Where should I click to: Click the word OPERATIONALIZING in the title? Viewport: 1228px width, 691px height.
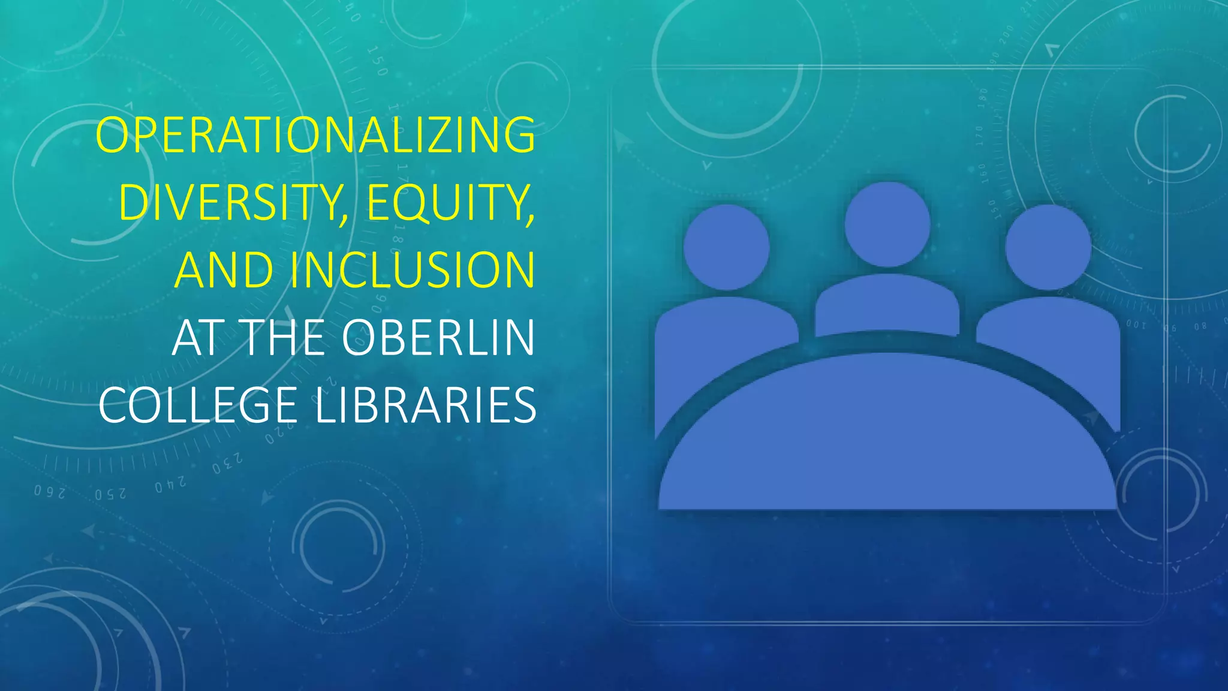pos(315,136)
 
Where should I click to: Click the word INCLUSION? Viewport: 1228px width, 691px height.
pos(413,270)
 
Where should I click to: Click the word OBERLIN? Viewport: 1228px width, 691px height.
pos(438,338)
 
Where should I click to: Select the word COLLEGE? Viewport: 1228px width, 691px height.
pos(198,405)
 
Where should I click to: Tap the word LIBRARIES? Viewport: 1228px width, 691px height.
pos(425,405)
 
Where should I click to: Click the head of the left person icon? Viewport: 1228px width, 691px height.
pos(726,247)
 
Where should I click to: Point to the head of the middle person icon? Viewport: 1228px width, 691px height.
pos(887,224)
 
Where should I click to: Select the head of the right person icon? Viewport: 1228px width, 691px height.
pos(1048,247)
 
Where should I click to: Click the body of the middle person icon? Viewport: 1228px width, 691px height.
pos(887,305)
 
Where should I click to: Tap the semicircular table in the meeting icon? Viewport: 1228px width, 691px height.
pos(887,438)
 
